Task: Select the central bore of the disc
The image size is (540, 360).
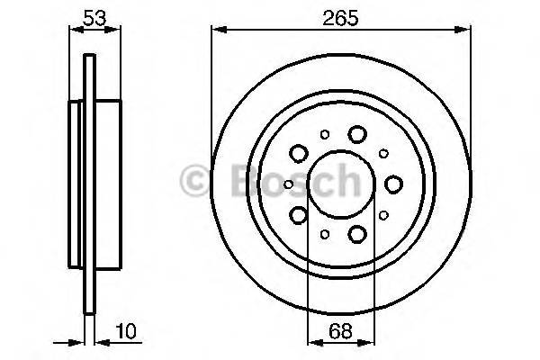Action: (340, 184)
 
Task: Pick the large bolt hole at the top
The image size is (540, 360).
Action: (357, 134)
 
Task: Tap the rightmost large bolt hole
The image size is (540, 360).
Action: (393, 184)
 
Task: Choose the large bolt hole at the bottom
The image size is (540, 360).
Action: (357, 235)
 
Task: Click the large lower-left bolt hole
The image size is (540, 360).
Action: (299, 215)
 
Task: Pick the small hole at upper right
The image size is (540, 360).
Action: (383, 154)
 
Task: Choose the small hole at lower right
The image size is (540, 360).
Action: (383, 216)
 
